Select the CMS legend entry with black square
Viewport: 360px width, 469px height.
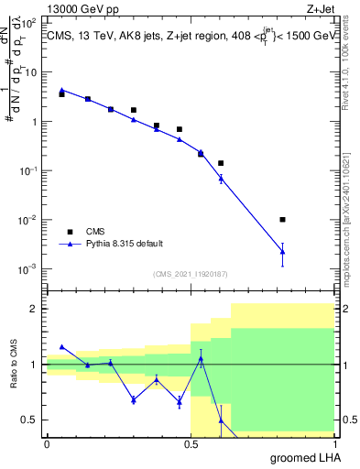click(x=69, y=232)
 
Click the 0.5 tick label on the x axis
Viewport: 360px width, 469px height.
click(x=190, y=442)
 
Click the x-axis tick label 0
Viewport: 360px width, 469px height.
click(x=47, y=442)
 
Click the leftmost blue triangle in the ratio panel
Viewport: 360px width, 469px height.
click(x=61, y=347)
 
